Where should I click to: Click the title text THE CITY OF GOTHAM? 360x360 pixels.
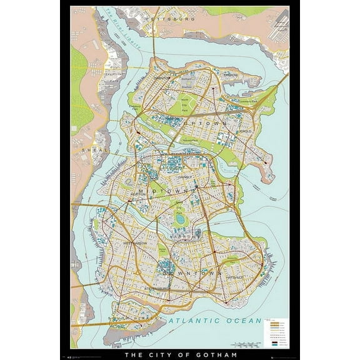coord(180,356)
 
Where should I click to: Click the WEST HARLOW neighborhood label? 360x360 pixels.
coord(136,242)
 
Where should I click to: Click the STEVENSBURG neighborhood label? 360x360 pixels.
coord(156,288)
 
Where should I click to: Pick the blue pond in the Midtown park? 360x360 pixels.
coord(181,219)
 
